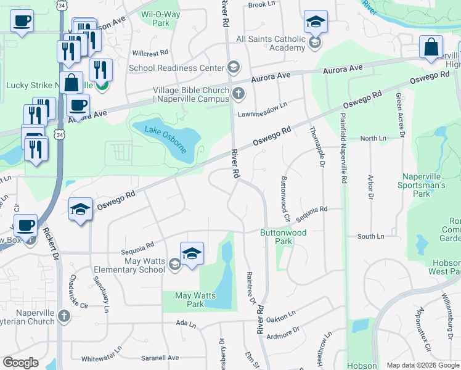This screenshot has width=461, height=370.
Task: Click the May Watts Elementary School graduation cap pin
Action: coord(192,253)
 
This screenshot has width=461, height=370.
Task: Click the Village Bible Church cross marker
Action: coord(239,94)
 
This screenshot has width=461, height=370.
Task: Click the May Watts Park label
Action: coord(195,300)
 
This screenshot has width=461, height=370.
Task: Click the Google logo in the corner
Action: coord(20,363)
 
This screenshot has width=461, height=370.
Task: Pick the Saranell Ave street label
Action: coord(160,358)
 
